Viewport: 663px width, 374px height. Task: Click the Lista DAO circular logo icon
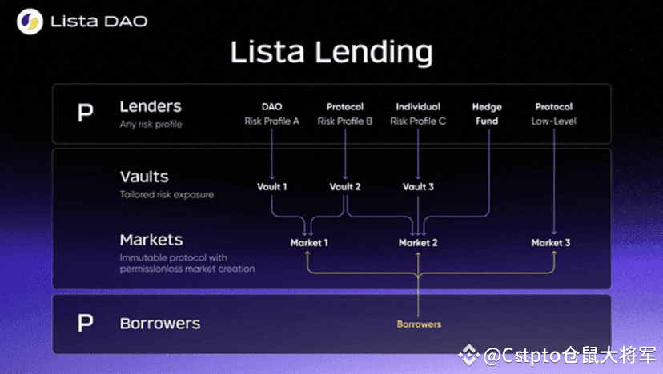(30, 21)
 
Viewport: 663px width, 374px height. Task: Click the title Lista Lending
(331, 52)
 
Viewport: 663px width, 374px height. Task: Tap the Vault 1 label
(272, 186)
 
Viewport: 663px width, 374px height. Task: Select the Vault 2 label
(345, 186)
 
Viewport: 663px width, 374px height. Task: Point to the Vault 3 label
(418, 186)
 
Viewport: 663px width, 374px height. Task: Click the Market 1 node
(309, 243)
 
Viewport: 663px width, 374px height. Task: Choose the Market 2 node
(418, 243)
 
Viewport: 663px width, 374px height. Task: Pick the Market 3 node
(551, 243)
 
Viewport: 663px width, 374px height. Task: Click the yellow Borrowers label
(419, 324)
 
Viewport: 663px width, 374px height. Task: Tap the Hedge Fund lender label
(487, 114)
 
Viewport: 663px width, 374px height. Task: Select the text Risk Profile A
(272, 121)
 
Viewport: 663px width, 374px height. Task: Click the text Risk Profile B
(345, 121)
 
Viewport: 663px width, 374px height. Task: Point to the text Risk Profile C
(418, 121)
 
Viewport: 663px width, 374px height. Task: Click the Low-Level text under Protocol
(554, 121)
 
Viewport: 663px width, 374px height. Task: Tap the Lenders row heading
(151, 106)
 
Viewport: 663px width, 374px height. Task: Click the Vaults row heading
(144, 177)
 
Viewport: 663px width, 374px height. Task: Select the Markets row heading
(151, 240)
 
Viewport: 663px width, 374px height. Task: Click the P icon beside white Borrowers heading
(85, 324)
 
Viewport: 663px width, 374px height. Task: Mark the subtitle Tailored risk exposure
(167, 195)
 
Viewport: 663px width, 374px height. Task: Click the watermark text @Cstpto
(522, 356)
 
